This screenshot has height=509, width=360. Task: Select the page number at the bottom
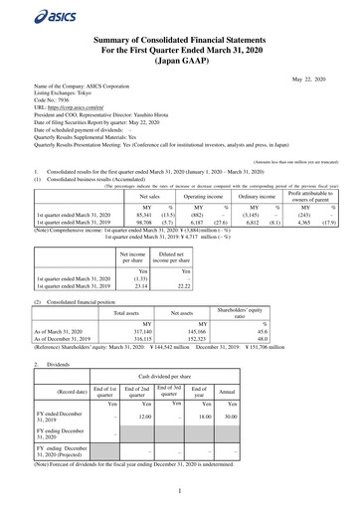click(180, 492)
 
